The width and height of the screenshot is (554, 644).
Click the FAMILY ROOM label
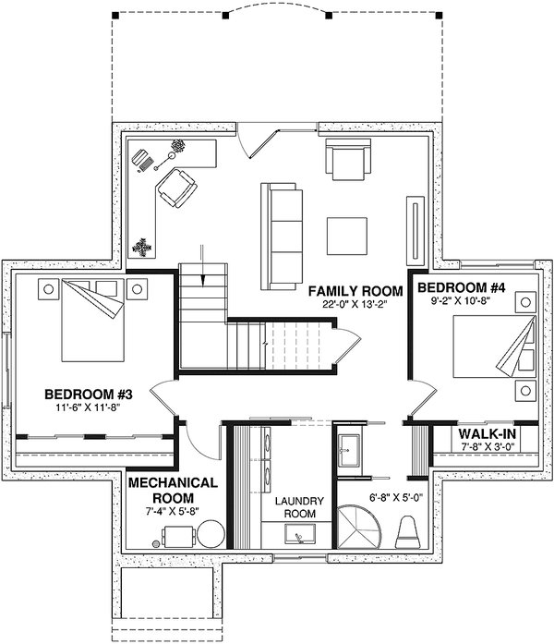coord(355,291)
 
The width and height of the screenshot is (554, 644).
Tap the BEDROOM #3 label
coord(89,395)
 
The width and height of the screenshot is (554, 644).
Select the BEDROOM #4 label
coord(461,287)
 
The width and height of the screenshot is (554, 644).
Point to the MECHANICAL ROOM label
coord(173,490)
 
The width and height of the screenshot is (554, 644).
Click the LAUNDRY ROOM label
coord(299,507)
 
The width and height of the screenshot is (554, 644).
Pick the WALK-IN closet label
coord(487,433)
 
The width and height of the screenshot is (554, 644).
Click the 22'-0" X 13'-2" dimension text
coord(355,304)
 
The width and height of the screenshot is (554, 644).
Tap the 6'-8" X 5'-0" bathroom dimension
coord(396,498)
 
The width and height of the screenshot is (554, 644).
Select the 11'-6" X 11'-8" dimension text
coord(90,407)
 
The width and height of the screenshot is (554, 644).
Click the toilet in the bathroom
coord(408,532)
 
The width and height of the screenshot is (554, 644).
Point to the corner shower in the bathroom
coord(358,528)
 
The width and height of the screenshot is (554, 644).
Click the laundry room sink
coord(300,534)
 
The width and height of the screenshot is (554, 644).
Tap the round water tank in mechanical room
coord(211,533)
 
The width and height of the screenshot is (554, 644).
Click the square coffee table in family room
coord(347,236)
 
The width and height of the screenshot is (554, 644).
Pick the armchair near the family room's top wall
coord(348,159)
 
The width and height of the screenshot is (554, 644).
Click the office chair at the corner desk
coord(177,188)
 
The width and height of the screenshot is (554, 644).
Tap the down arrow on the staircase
coord(202,265)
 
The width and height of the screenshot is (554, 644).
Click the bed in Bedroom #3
coord(92,321)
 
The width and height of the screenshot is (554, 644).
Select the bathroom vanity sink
coord(349,450)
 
